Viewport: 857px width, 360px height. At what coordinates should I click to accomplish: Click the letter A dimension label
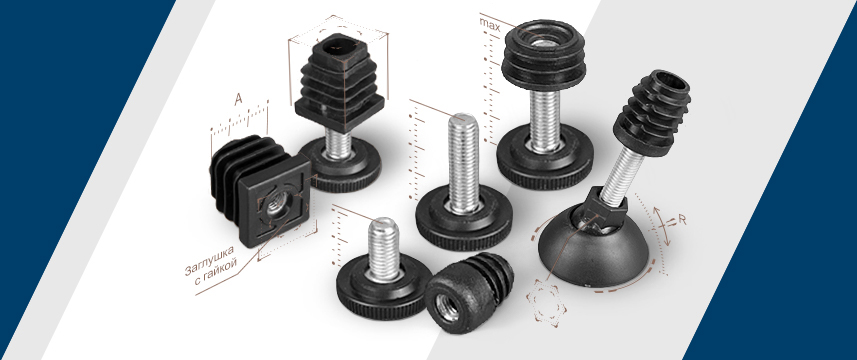point(238,99)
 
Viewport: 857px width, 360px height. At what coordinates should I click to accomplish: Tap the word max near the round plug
point(489,23)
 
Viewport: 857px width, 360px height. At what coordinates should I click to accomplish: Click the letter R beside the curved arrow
point(682,220)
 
